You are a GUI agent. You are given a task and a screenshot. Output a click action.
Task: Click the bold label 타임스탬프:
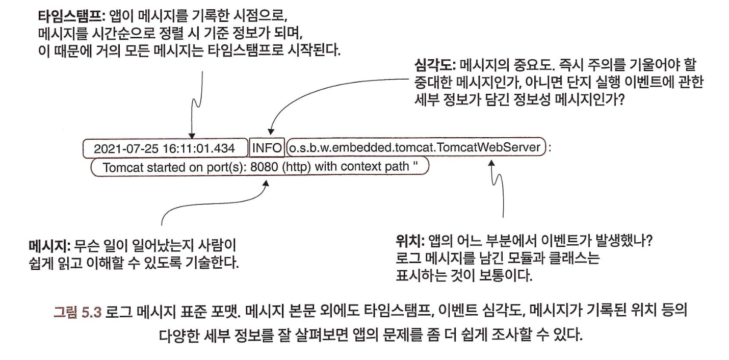click(70, 16)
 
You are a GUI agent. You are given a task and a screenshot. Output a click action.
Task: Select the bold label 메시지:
click(50, 245)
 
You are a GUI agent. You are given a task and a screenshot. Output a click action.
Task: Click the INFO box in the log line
click(267, 148)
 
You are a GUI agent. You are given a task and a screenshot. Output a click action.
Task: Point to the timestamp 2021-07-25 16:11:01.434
click(164, 149)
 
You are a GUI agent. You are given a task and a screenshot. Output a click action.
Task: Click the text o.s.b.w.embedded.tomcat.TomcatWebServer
click(414, 147)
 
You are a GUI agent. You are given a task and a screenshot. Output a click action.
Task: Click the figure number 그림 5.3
click(77, 312)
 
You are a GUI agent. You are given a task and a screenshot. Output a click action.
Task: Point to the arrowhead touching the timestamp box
click(192, 136)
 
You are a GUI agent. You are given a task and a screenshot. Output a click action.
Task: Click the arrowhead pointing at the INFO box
click(271, 132)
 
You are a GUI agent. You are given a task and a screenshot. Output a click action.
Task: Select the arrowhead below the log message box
click(266, 184)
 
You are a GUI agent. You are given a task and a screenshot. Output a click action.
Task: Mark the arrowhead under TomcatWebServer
click(492, 163)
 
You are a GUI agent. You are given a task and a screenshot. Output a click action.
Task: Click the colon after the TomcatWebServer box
click(550, 148)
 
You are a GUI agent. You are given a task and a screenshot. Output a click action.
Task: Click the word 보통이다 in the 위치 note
click(506, 276)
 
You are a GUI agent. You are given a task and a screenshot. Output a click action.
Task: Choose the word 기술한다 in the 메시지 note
click(212, 263)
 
